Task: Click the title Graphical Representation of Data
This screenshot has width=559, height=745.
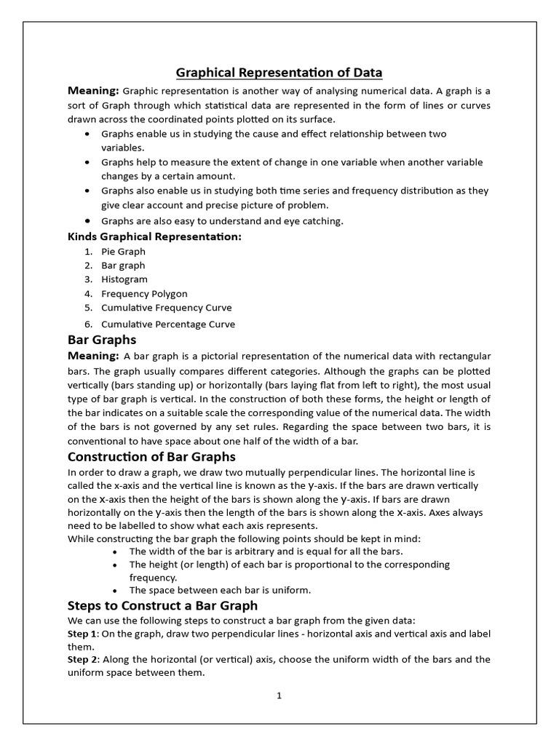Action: coord(279,72)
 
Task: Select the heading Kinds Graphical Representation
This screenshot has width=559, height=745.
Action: coord(154,236)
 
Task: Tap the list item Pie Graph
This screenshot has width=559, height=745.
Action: coord(123,252)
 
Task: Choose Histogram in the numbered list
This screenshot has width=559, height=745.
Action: coord(124,279)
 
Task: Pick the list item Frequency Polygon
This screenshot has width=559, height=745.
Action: coord(144,294)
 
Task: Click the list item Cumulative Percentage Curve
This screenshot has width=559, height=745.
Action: coord(168,324)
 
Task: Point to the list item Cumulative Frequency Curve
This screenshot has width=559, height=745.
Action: coord(166,308)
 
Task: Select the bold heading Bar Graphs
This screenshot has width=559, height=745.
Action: coord(102,340)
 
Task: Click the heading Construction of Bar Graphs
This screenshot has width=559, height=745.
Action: coord(151,457)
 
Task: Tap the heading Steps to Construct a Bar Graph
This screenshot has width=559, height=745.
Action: coord(162,605)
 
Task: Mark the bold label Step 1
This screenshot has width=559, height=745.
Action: coord(82,634)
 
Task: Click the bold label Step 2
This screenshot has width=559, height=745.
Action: coord(82,660)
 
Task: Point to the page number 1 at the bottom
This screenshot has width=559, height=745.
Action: coord(279,696)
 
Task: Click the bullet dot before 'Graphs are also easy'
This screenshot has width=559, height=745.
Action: coord(87,220)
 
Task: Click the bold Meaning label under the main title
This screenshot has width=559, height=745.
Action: coord(93,90)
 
